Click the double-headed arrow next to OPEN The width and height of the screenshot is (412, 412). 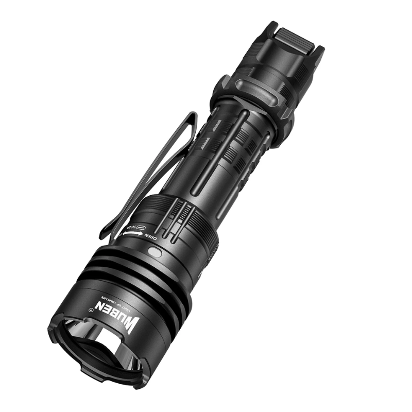(x=132, y=233)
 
